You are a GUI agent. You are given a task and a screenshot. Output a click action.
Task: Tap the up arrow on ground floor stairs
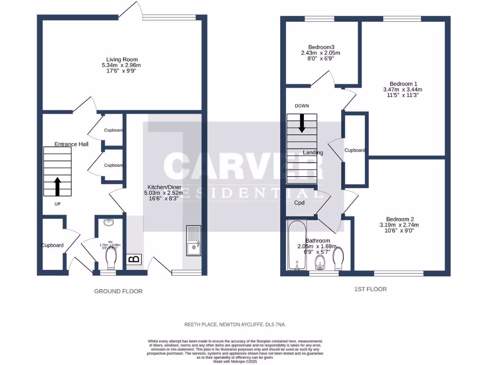tap(58, 187)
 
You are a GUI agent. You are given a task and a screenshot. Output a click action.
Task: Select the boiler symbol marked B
tap(134, 259)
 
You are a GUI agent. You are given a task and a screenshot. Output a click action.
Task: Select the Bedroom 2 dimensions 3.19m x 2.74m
tap(399, 225)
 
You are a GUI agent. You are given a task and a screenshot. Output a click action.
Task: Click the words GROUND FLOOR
tap(118, 291)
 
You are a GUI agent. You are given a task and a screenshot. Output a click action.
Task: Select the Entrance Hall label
tap(71, 144)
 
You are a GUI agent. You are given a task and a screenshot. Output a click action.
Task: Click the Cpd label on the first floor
tap(299, 202)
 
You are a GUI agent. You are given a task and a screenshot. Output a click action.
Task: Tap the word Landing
tap(313, 153)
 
